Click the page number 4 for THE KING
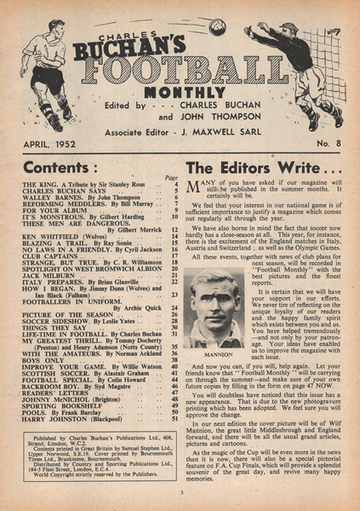[x=175, y=184]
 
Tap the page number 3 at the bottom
[x=180, y=491]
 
